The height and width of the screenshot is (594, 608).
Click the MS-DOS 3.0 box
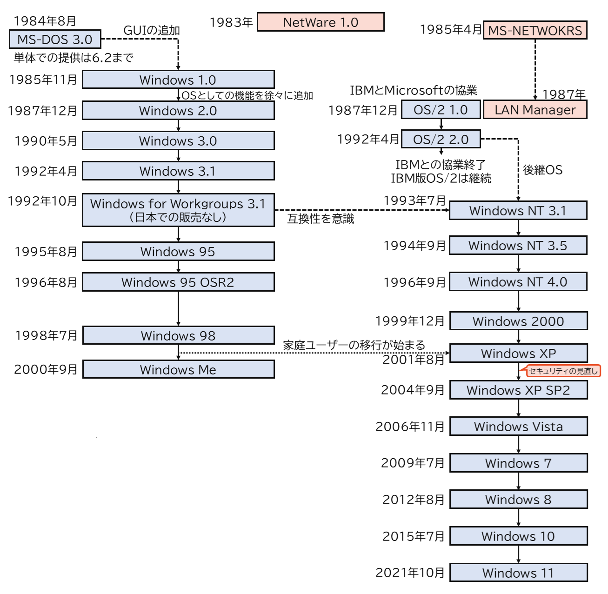tap(55, 40)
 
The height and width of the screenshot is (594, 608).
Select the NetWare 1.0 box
tap(321, 22)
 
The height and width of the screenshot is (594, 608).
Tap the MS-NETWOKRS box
tap(535, 31)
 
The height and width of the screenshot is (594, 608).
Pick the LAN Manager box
tap(535, 110)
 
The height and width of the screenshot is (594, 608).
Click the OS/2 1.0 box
tap(441, 110)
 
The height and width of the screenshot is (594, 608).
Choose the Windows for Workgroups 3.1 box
tap(178, 210)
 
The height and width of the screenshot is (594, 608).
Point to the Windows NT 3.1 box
tap(518, 211)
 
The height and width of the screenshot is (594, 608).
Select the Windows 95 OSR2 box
tap(178, 282)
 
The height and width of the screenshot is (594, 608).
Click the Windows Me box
tap(178, 370)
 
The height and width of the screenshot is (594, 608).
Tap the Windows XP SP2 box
tap(518, 390)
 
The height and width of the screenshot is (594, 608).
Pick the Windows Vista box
tap(518, 427)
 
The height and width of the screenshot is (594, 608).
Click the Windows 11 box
tap(518, 573)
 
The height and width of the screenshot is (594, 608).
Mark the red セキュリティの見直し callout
tap(563, 371)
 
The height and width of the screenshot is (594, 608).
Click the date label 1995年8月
tap(46, 252)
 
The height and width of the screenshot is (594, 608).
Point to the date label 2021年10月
tap(410, 573)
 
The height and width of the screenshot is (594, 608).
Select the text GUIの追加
tap(151, 31)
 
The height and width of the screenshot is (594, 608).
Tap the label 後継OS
tap(542, 170)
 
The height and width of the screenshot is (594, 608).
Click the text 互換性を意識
tap(321, 219)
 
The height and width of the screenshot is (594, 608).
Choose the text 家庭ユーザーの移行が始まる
tap(354, 345)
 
